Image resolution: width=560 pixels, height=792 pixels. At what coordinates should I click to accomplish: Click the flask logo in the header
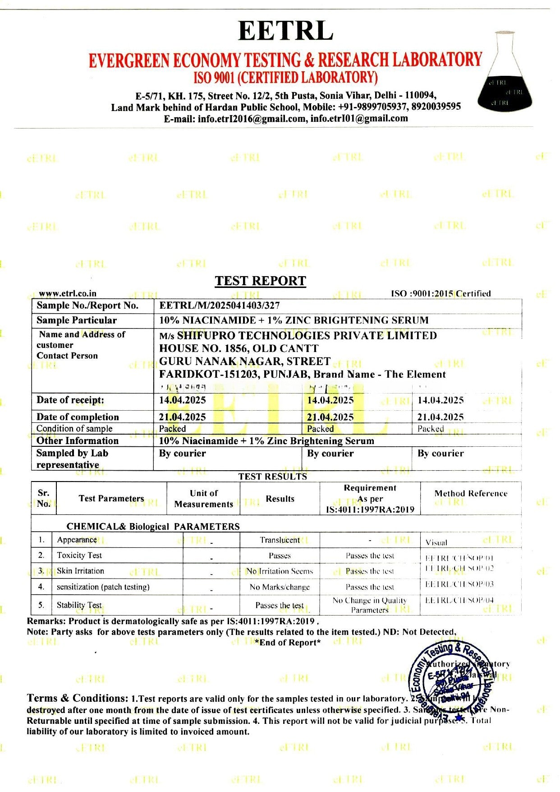click(x=505, y=71)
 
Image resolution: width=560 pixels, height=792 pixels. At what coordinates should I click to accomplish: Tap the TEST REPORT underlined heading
click(x=260, y=281)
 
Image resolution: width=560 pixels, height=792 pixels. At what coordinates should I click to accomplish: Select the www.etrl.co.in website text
click(x=68, y=294)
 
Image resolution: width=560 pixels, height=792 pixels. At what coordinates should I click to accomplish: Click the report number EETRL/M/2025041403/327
click(x=220, y=306)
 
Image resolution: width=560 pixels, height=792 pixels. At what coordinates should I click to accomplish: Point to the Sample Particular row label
click(x=77, y=320)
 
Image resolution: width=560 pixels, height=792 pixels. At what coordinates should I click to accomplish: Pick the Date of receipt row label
click(x=70, y=400)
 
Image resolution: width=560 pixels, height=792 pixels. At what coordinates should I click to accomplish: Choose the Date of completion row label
click(x=78, y=417)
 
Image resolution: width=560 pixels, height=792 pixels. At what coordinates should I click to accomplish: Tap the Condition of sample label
click(x=74, y=429)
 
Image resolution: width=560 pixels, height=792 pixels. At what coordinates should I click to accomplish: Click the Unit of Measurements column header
click(x=204, y=499)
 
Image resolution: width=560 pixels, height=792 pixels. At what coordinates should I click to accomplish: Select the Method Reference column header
click(x=471, y=494)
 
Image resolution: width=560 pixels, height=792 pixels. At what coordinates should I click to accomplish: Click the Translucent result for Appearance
click(x=280, y=540)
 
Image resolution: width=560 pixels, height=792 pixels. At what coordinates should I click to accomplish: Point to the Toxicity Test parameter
click(x=79, y=556)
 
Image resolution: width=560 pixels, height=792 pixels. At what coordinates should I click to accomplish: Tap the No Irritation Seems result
click(x=280, y=571)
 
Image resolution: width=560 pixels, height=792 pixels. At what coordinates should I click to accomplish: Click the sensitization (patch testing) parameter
click(x=103, y=587)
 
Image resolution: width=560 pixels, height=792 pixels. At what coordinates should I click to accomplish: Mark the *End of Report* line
click(x=288, y=643)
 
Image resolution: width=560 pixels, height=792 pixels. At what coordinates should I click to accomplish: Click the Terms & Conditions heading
click(x=78, y=699)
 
